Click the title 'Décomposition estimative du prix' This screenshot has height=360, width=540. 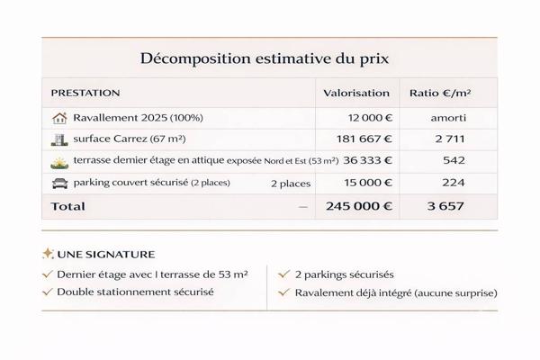[x=269, y=58]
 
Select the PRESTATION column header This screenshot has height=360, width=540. [x=85, y=93]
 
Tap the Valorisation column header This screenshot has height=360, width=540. [x=356, y=93]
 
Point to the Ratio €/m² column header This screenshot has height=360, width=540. [x=440, y=93]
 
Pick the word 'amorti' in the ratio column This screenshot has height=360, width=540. [x=446, y=118]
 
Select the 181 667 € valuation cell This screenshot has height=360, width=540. [x=363, y=139]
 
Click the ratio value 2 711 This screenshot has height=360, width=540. [x=446, y=139]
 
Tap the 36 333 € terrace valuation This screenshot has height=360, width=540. [x=366, y=161]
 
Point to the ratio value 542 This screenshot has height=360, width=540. [x=454, y=161]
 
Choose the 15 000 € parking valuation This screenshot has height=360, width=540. [x=366, y=183]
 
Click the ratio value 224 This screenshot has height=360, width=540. [x=454, y=183]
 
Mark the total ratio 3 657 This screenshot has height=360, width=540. [x=446, y=206]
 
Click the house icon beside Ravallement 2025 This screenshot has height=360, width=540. [x=60, y=118]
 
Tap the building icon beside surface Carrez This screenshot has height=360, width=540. [x=60, y=139]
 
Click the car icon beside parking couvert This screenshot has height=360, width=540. [x=60, y=183]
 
